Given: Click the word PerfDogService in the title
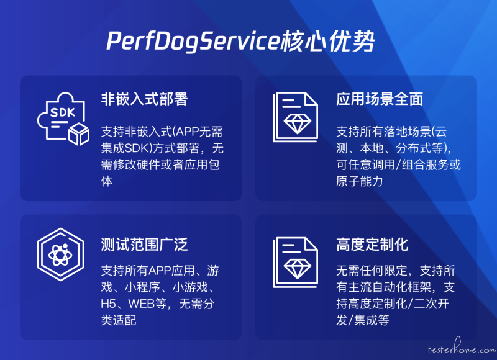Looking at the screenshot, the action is [x=193, y=41].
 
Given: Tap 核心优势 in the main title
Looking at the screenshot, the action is [x=328, y=41].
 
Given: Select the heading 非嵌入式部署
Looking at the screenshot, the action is [x=144, y=99].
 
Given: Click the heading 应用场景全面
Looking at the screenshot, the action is [x=380, y=99].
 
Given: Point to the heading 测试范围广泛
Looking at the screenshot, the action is [x=144, y=245].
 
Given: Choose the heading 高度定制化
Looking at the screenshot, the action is [x=372, y=245].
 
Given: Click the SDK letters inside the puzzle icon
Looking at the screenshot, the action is [x=63, y=112].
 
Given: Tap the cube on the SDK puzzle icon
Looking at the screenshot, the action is [x=79, y=134].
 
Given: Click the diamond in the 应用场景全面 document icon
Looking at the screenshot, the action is [x=298, y=124].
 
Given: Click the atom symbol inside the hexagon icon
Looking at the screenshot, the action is [x=60, y=254].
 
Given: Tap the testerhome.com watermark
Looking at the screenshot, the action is [x=462, y=347].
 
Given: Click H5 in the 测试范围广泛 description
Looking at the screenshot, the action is [x=108, y=304].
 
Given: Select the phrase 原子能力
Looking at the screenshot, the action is [x=360, y=181].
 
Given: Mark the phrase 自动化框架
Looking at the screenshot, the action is [x=401, y=287].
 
